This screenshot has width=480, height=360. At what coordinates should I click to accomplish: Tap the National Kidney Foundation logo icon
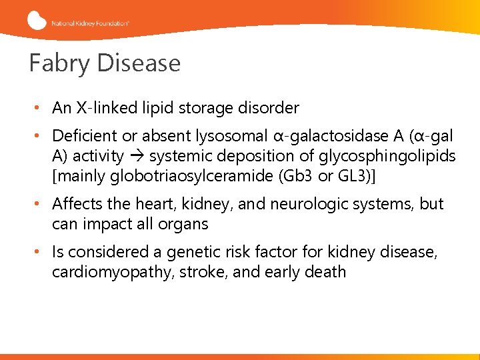pos(37,21)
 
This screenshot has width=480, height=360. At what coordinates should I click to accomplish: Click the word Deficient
pos(85,137)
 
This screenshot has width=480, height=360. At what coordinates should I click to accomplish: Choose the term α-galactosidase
pos(327,137)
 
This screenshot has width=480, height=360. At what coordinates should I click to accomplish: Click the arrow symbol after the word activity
pos(136,157)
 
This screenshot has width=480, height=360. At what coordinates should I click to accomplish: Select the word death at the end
pos(326,271)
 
